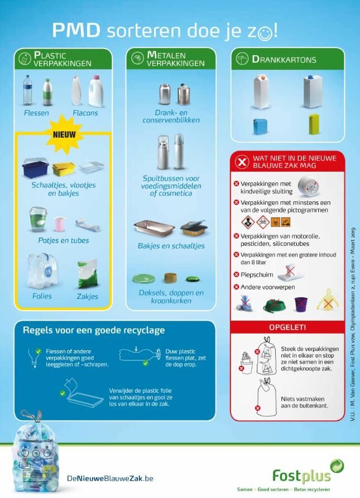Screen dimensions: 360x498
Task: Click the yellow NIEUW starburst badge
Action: coord(64,134)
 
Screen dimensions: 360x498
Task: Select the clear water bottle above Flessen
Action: coord(28,90)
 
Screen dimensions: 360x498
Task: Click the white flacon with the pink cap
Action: coord(95,91)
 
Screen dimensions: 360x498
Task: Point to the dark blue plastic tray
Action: coord(36,168)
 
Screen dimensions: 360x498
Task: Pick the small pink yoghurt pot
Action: coord(59,224)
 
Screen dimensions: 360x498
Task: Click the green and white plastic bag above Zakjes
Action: coord(88,274)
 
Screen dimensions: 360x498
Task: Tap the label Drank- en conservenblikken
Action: coord(171,117)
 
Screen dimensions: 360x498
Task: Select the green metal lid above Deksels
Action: coord(143,278)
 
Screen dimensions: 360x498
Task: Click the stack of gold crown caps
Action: coord(171,278)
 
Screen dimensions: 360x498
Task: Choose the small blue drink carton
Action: coord(260,126)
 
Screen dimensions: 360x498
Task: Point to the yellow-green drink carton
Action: coord(314,124)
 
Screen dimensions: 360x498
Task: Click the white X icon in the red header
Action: coord(242,162)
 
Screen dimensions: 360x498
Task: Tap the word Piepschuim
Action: coord(257,275)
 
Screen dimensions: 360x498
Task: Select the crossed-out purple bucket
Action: coord(301,304)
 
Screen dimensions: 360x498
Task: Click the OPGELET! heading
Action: coord(287,327)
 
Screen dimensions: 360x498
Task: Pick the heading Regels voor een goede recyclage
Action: coord(94,330)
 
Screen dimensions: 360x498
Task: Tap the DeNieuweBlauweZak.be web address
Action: coord(110,478)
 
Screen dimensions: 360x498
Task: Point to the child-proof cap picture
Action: coord(309,186)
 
